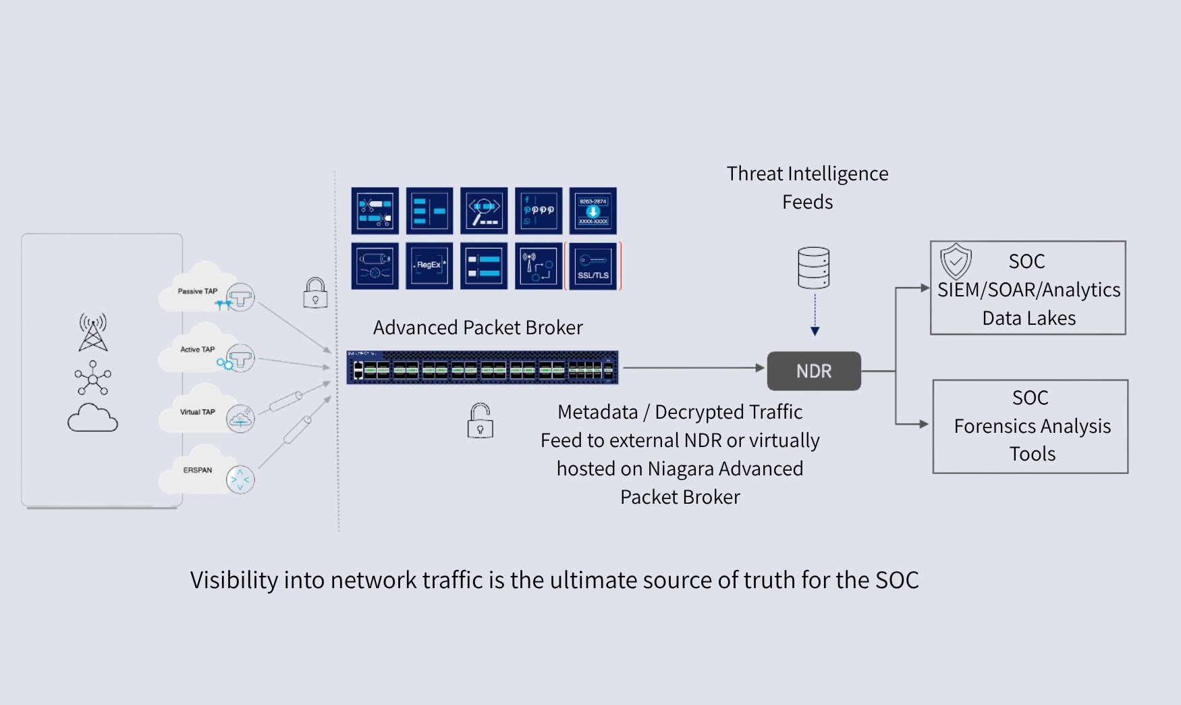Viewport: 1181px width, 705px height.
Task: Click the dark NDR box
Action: click(x=814, y=371)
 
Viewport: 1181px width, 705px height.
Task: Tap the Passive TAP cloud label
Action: click(x=197, y=291)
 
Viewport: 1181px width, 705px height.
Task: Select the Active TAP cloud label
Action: click(x=197, y=349)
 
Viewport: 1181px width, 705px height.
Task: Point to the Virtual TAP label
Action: click(x=197, y=411)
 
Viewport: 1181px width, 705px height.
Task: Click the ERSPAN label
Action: click(x=197, y=469)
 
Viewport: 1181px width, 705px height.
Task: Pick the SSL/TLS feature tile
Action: click(x=593, y=266)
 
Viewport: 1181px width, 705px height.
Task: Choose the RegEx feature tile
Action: click(x=429, y=265)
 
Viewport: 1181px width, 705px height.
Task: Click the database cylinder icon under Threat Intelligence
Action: click(x=813, y=267)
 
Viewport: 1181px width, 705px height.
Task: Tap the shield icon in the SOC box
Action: click(x=956, y=261)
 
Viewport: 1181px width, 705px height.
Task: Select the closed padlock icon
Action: click(x=315, y=293)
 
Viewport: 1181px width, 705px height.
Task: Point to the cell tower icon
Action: click(x=93, y=332)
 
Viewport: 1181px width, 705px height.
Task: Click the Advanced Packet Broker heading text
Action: click(x=478, y=328)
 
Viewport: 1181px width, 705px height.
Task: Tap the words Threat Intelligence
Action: click(x=807, y=174)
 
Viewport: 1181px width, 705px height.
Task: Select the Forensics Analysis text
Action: click(x=1032, y=426)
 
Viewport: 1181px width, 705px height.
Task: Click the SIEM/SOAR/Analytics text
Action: click(x=1028, y=290)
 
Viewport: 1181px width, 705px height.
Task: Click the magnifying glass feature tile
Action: click(x=484, y=211)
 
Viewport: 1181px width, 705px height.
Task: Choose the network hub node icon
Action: click(x=93, y=377)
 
